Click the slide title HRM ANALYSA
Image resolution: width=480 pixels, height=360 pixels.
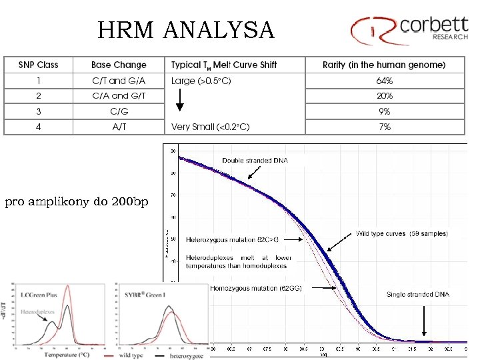point(185,30)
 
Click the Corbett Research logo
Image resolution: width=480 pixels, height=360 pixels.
point(409,28)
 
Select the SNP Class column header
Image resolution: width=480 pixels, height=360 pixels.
point(38,65)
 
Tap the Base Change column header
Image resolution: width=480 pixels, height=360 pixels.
point(119,65)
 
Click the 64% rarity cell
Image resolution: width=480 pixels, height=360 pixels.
point(385,81)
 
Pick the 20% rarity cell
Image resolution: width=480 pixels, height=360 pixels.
point(385,96)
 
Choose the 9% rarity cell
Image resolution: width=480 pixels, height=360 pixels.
point(385,111)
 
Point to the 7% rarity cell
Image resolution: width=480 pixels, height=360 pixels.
point(385,127)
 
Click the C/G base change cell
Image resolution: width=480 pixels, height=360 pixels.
point(119,111)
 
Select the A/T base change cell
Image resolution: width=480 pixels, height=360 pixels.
point(119,127)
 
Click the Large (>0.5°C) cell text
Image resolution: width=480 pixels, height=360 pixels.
point(201,81)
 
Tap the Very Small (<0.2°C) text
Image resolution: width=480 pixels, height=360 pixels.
point(210,127)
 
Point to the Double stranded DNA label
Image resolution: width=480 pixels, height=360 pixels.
point(254,161)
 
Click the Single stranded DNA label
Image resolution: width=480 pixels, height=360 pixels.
point(418,294)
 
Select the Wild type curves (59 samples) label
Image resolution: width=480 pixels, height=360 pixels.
point(402,234)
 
